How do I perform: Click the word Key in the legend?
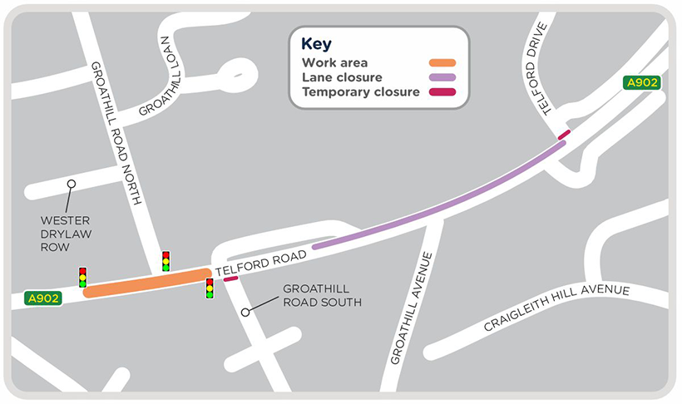[315, 45]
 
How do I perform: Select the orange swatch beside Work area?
[442, 63]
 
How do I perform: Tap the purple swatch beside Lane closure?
[442, 77]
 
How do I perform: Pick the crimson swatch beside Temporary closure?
[442, 91]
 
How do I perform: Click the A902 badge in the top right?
[642, 82]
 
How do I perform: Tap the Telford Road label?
[261, 264]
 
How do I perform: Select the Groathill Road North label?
[116, 133]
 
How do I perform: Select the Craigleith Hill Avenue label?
[557, 307]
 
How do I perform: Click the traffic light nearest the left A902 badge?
[82, 277]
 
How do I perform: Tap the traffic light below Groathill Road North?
[166, 260]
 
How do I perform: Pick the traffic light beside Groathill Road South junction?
[210, 288]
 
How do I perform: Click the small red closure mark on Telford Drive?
[565, 134]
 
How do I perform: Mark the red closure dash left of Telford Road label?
[230, 279]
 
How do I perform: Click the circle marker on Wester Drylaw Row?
[72, 184]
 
